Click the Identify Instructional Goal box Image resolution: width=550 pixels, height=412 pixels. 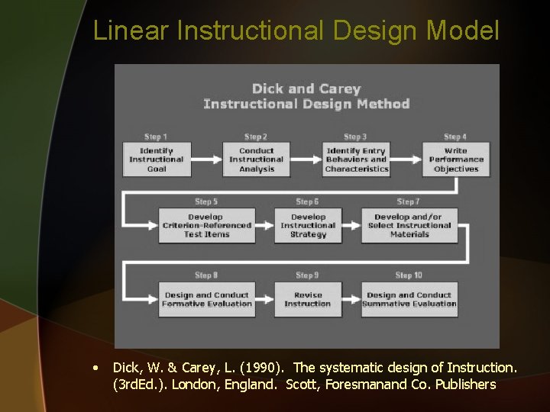(157, 159)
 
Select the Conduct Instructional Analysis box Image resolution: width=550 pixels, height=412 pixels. (256, 159)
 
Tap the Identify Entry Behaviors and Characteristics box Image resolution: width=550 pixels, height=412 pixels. (357, 159)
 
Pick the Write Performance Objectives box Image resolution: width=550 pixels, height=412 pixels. (456, 159)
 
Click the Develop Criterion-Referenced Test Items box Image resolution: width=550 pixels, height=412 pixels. (206, 226)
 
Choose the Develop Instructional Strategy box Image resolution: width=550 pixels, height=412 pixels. (308, 226)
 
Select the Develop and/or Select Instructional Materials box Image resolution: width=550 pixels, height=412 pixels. (409, 226)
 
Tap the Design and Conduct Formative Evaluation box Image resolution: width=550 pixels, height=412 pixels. (206, 299)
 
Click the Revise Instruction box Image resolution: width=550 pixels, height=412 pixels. (308, 299)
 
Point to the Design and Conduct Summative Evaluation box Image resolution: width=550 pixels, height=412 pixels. (409, 299)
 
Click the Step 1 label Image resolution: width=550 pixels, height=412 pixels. (156, 137)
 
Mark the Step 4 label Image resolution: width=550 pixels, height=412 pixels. (455, 137)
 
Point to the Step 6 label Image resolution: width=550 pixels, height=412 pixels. (307, 202)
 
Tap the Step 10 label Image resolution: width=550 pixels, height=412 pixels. (409, 275)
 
